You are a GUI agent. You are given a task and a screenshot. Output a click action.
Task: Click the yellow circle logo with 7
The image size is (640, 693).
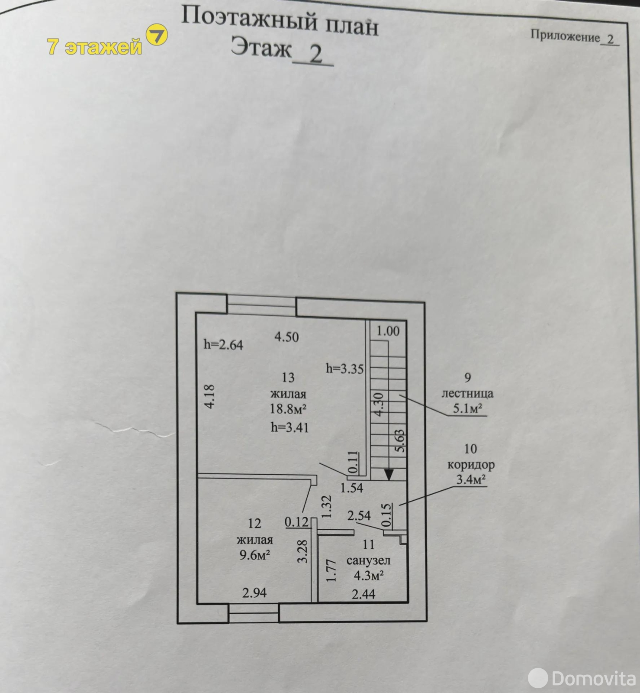[156, 36]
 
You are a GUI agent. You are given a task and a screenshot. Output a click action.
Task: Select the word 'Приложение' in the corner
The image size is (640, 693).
[565, 36]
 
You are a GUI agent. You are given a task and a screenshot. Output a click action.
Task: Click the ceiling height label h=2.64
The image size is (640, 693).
[223, 345]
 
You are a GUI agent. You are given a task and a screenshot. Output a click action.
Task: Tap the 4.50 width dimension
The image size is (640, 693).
[286, 337]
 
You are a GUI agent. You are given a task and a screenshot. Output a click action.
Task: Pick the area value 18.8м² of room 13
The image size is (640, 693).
[289, 409]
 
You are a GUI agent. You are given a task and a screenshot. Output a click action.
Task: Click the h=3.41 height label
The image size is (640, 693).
[289, 427]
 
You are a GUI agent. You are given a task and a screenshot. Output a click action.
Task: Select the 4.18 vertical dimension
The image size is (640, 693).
[209, 396]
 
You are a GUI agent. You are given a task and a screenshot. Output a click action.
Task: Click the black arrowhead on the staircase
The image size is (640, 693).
[389, 475]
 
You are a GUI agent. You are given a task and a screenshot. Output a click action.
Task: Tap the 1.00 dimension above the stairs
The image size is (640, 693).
[388, 331]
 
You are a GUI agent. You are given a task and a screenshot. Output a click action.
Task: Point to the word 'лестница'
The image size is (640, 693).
[467, 394]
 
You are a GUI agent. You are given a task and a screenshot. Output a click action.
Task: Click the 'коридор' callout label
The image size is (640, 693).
[471, 465]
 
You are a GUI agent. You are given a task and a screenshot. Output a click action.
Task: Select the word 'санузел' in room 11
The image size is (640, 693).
[368, 560]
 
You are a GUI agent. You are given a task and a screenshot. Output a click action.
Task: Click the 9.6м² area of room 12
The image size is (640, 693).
[255, 555]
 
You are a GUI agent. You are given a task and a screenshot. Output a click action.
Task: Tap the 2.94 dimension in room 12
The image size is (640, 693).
[254, 593]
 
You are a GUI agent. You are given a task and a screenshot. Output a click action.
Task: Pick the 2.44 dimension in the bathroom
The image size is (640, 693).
[363, 594]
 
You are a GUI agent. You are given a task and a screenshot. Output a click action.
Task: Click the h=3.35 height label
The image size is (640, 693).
[345, 369]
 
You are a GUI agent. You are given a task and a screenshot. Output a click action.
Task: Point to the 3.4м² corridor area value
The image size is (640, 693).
[471, 479]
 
